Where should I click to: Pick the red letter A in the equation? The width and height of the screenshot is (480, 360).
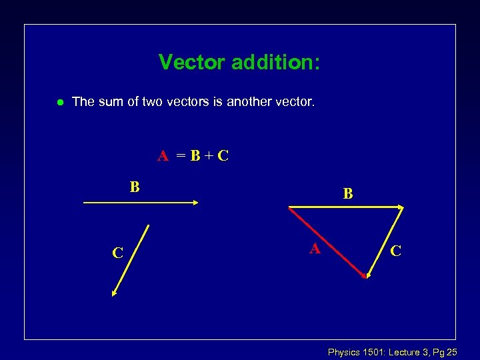[x=163, y=156]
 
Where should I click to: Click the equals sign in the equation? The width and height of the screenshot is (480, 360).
[x=181, y=157]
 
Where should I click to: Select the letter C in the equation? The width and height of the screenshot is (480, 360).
[x=223, y=156]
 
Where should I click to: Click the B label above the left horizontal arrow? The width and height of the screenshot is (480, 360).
[x=135, y=187]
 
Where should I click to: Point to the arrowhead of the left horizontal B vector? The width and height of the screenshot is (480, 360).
[x=195, y=203]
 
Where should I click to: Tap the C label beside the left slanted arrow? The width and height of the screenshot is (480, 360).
[x=117, y=253]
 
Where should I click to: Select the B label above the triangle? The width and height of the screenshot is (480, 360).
[x=348, y=194]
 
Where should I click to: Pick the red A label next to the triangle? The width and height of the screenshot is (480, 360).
[x=315, y=249]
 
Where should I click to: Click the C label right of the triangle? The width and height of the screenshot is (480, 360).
[x=395, y=251]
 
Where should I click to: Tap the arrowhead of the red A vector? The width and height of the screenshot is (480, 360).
[x=364, y=275]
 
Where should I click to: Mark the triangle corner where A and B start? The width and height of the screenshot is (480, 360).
[x=289, y=207]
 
